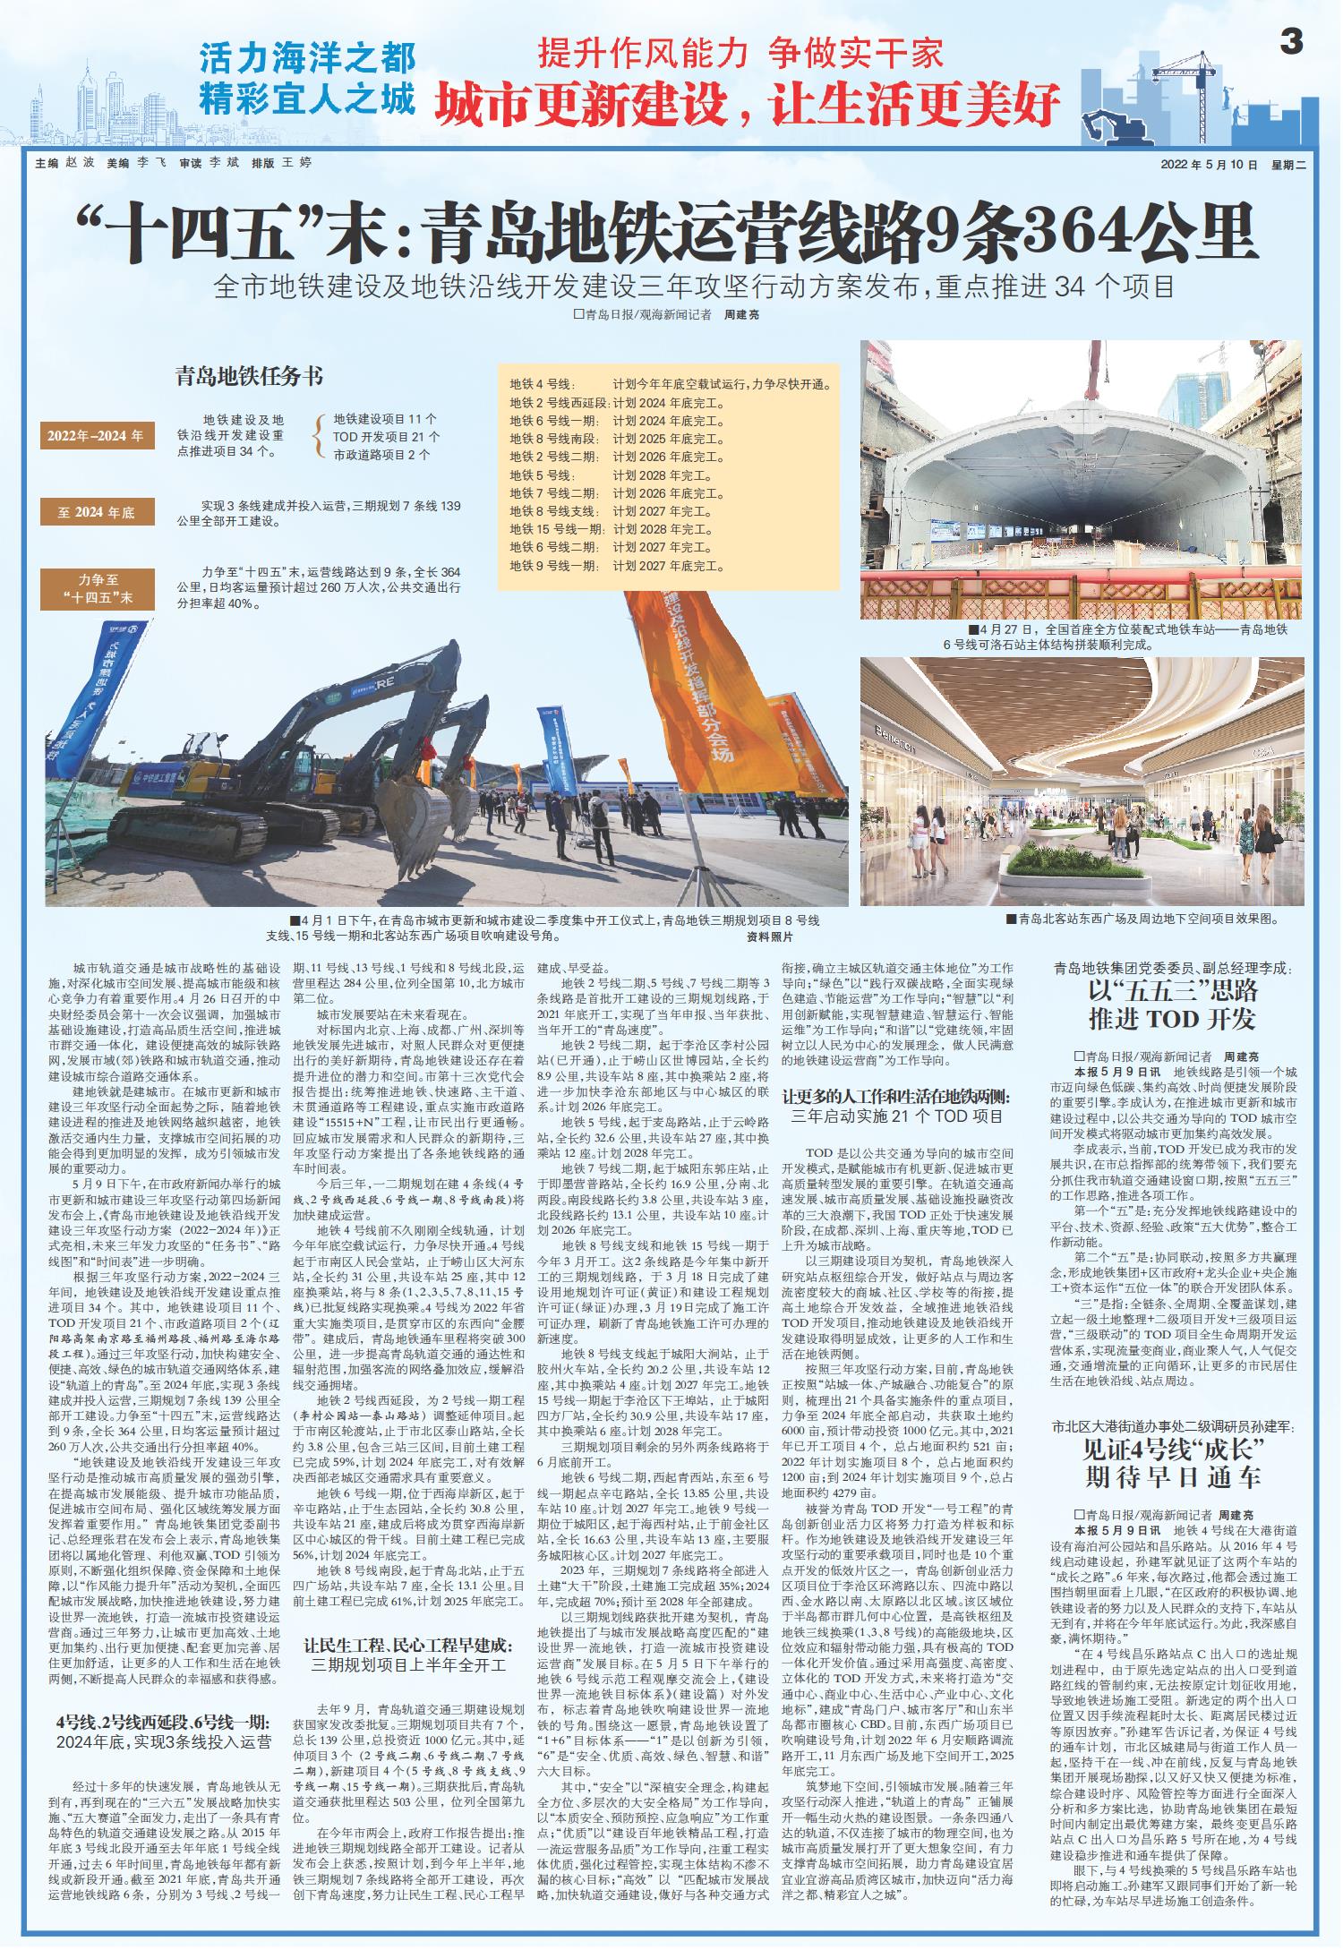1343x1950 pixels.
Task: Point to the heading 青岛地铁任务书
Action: pyautogui.click(x=249, y=376)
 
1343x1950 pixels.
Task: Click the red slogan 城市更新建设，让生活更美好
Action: pyautogui.click(x=748, y=105)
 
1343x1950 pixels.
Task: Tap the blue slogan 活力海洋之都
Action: pyautogui.click(x=307, y=59)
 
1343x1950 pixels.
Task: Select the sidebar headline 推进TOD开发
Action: pyautogui.click(x=1172, y=1018)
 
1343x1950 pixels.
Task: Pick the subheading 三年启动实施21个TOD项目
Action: pyautogui.click(x=898, y=1116)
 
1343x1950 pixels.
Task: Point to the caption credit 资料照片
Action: pyautogui.click(x=769, y=937)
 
